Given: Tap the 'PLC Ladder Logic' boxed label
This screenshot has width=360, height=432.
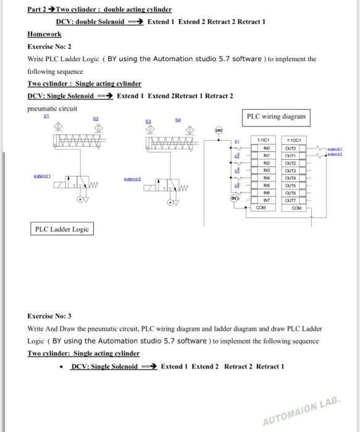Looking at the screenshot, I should click(62, 229).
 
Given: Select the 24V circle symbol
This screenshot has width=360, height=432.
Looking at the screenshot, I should click(219, 130).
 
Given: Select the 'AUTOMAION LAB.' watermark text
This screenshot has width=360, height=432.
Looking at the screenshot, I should click(302, 412).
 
